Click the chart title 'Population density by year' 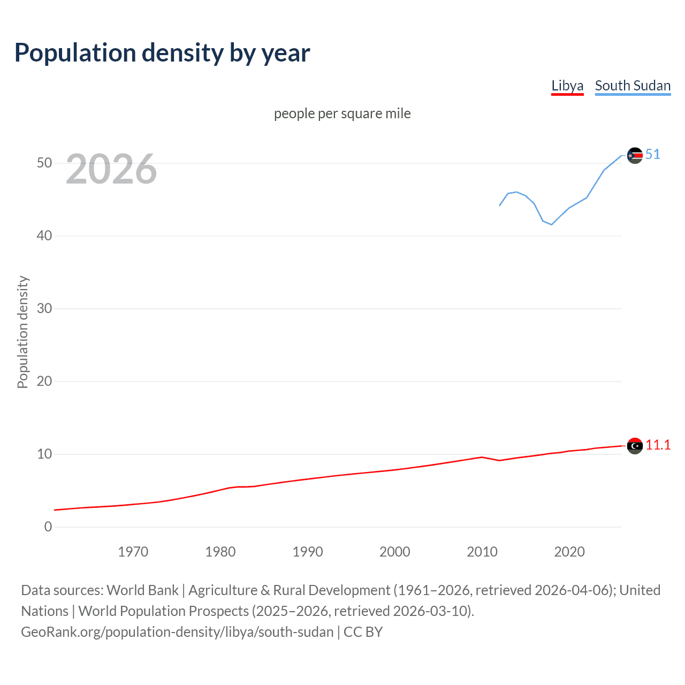(x=162, y=53)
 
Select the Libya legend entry (x=567, y=86)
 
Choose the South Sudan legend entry (x=633, y=86)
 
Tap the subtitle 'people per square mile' (x=342, y=113)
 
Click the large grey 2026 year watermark (x=111, y=169)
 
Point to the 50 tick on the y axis (x=44, y=163)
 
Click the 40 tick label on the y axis (x=44, y=235)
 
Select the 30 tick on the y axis (x=44, y=308)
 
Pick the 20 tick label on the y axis (x=44, y=381)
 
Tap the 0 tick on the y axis (x=48, y=527)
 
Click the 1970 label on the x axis (x=133, y=552)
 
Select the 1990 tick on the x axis (x=307, y=552)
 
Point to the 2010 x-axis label (x=482, y=552)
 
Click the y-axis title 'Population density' (x=22, y=332)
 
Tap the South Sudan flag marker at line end (x=635, y=155)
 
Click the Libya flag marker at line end (x=635, y=445)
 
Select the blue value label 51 (x=653, y=154)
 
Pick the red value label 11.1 (x=658, y=445)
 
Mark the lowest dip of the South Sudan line (x=551, y=224)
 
